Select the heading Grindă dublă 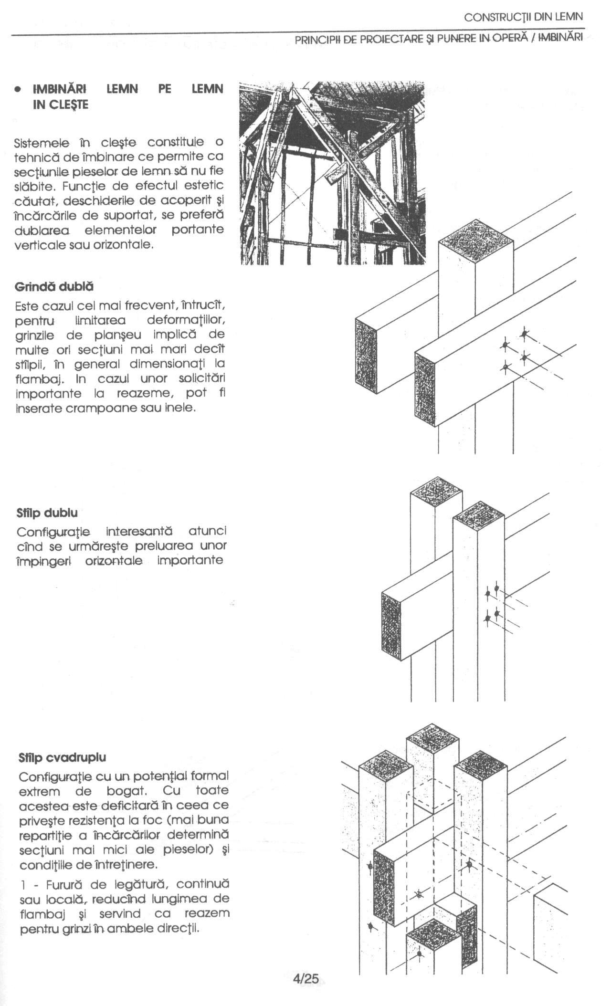point(54,287)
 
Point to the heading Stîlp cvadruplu point(62,757)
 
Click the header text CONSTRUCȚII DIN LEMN point(523,17)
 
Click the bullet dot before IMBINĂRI point(18,89)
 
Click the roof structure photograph point(332,173)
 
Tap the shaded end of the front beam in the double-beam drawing point(425,388)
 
